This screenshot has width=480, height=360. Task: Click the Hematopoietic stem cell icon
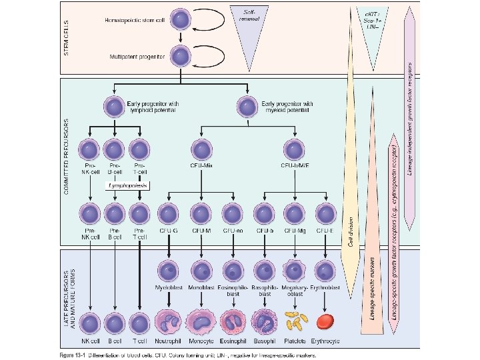click(180, 21)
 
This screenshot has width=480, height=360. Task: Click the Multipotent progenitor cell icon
click(180, 57)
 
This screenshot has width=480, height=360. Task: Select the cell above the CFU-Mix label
click(202, 149)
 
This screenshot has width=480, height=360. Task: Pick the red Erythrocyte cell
click(325, 322)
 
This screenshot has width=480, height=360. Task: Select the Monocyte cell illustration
click(201, 323)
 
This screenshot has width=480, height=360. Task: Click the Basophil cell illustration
click(265, 323)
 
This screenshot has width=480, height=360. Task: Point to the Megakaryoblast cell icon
click(294, 271)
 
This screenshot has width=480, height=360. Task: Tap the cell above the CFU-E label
click(325, 213)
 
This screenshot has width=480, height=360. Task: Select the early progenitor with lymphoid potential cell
click(113, 106)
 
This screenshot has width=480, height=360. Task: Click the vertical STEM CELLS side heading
click(67, 37)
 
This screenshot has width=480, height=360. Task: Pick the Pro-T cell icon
click(138, 149)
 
